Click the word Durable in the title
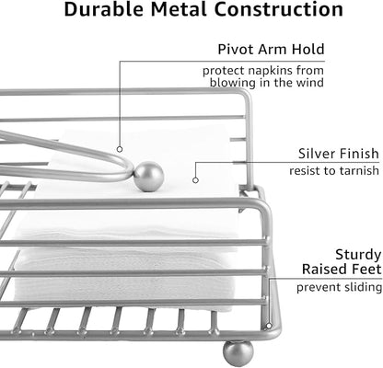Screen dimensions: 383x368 pos(104,9)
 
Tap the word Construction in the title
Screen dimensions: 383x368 pos(278,9)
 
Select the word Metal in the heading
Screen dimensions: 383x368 pos(179,9)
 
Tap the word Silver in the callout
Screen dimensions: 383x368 pos(317,154)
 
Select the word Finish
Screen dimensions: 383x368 pos(359,154)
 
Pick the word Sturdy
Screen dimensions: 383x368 pos(358,255)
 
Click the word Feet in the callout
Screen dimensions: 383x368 pos(366,269)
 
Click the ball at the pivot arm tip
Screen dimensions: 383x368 pos(149,177)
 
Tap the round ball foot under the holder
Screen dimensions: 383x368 pos(238,353)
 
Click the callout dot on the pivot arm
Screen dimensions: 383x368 pos(120,149)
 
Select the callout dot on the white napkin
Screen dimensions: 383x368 pos(195,180)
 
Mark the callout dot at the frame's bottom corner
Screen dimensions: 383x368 pos(269,326)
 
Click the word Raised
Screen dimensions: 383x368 pos(325,269)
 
